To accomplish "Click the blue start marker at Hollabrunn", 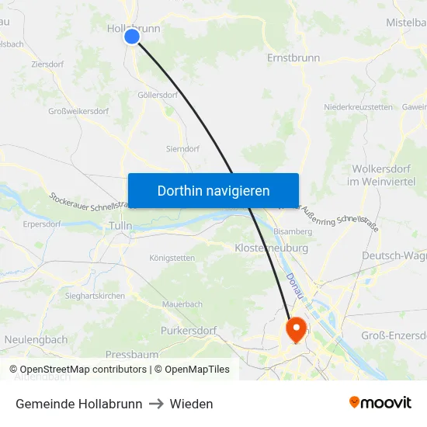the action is pyautogui.click(x=132, y=36).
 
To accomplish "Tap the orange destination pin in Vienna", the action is pyautogui.click(x=297, y=329).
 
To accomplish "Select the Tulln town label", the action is pyautogui.click(x=120, y=226).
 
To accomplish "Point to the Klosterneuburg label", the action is pyautogui.click(x=271, y=248).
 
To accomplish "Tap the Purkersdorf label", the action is pyautogui.click(x=189, y=331).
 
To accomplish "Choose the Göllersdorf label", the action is pyautogui.click(x=158, y=95).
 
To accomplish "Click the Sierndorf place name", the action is pyautogui.click(x=182, y=148).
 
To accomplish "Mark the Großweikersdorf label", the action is pyautogui.click(x=78, y=111).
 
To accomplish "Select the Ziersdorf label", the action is pyautogui.click(x=48, y=64).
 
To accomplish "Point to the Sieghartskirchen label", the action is pyautogui.click(x=94, y=296).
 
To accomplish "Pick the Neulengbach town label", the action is pyautogui.click(x=36, y=340).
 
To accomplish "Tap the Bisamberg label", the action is pyautogui.click(x=293, y=231).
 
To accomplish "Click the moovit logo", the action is pyautogui.click(x=380, y=403).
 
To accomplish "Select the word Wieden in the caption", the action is pyautogui.click(x=191, y=404).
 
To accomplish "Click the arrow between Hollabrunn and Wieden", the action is pyautogui.click(x=156, y=404).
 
